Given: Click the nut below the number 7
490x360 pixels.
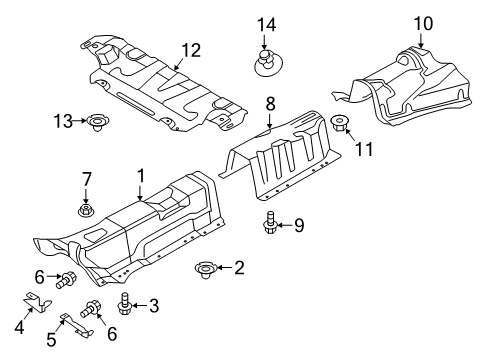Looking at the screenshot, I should coord(86,211).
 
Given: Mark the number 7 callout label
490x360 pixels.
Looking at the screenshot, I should coord(86,179).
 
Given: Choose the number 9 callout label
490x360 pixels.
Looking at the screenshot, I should coord(299,225).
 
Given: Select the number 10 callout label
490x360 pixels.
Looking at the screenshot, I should coord(423,22).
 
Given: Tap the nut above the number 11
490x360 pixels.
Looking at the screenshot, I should coord(340,124).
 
